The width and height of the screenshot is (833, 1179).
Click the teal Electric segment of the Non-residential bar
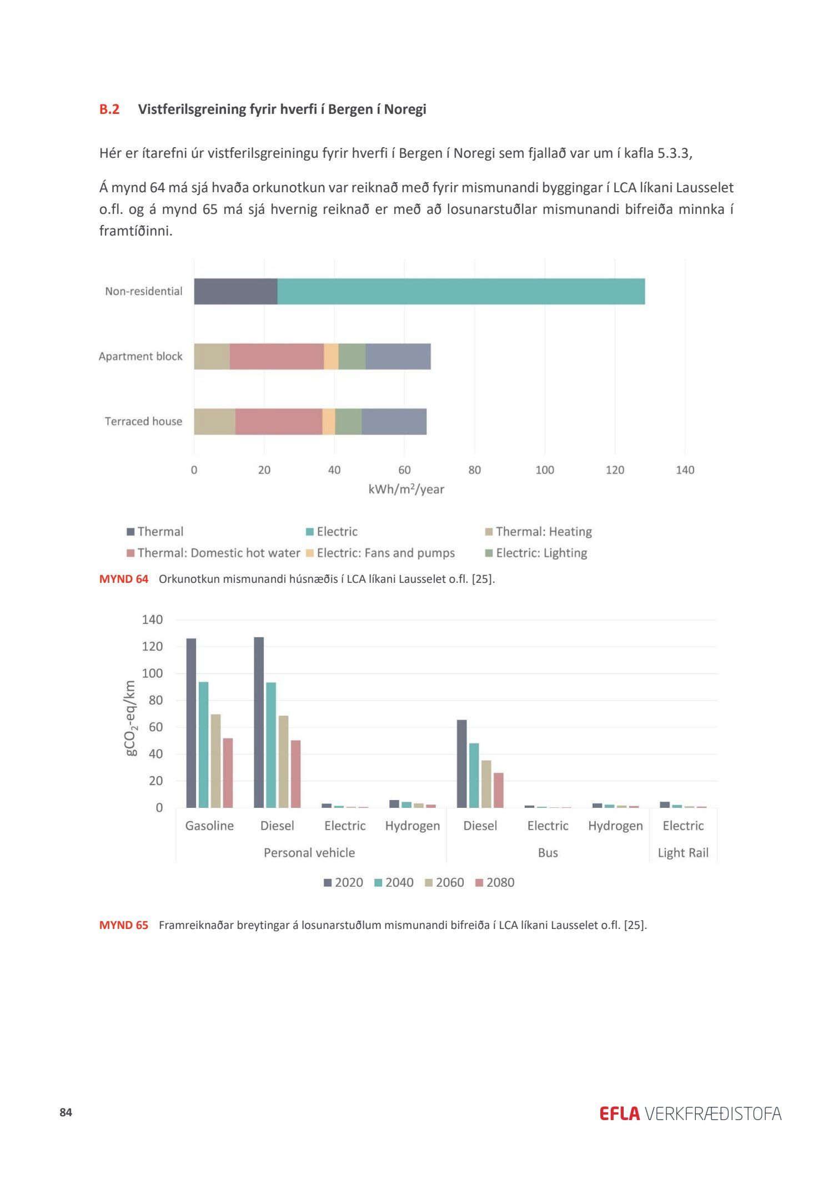[461, 291]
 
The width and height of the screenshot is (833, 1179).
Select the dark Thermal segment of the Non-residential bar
[235, 291]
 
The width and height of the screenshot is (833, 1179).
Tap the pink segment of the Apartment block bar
[277, 357]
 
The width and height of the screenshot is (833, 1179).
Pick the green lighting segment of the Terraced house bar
[348, 422]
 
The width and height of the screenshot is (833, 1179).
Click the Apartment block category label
[140, 357]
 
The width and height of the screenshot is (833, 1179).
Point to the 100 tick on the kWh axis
[545, 470]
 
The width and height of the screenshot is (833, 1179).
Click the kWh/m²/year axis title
[406, 489]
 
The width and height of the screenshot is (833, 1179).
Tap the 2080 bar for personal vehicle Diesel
[295, 773]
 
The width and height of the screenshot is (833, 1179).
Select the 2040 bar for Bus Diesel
[474, 775]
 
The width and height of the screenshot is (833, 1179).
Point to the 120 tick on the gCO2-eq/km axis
[153, 647]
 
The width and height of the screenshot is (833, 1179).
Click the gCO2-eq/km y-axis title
[131, 718]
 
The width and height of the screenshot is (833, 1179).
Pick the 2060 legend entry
[444, 883]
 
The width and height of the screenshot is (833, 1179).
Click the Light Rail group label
[683, 853]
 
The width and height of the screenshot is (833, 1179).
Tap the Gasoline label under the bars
[209, 826]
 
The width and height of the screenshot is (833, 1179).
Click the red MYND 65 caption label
[124, 925]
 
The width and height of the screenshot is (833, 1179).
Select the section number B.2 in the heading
[109, 109]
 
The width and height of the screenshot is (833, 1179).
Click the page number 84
[66, 1112]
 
